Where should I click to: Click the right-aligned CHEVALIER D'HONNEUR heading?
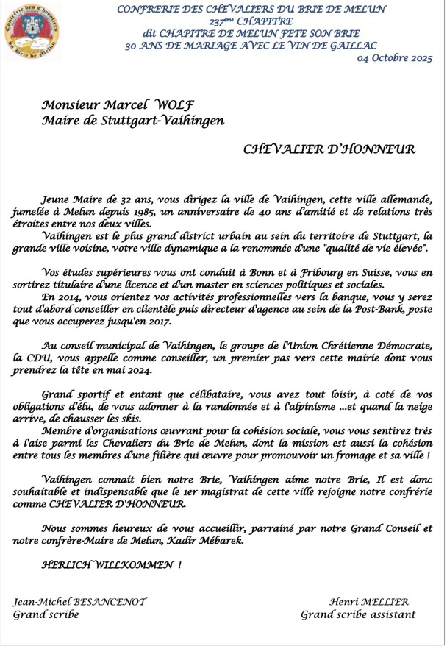(329, 149)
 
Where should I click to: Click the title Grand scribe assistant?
(357, 614)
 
